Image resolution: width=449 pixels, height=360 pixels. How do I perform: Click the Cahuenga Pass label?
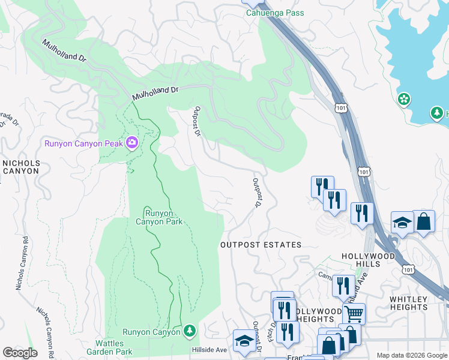[276, 13]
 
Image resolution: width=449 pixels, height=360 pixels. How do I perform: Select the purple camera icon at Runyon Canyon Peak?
[131, 143]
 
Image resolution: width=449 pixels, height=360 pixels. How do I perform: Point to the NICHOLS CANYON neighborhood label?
[21, 167]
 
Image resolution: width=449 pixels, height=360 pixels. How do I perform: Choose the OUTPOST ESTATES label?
[261, 245]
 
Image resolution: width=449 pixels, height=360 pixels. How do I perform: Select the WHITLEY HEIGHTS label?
[417, 303]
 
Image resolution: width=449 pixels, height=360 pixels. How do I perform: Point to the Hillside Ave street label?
[209, 350]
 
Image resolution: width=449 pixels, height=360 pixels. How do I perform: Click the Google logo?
[20, 353]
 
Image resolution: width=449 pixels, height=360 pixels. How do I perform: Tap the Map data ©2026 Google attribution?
[411, 355]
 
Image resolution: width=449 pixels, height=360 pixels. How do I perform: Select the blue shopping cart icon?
[354, 313]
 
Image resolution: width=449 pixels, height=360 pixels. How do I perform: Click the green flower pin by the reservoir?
[405, 98]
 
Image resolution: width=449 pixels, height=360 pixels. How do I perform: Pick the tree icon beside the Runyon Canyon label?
[190, 331]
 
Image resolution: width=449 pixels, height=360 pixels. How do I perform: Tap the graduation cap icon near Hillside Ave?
[244, 340]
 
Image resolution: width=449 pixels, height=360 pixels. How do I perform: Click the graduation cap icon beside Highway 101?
[402, 223]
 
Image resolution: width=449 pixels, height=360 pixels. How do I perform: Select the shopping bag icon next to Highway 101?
[424, 220]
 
